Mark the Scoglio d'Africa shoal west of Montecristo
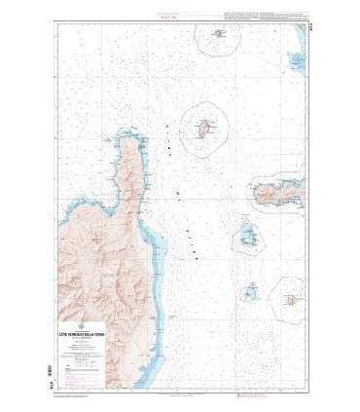250,290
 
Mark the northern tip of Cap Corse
127,131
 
